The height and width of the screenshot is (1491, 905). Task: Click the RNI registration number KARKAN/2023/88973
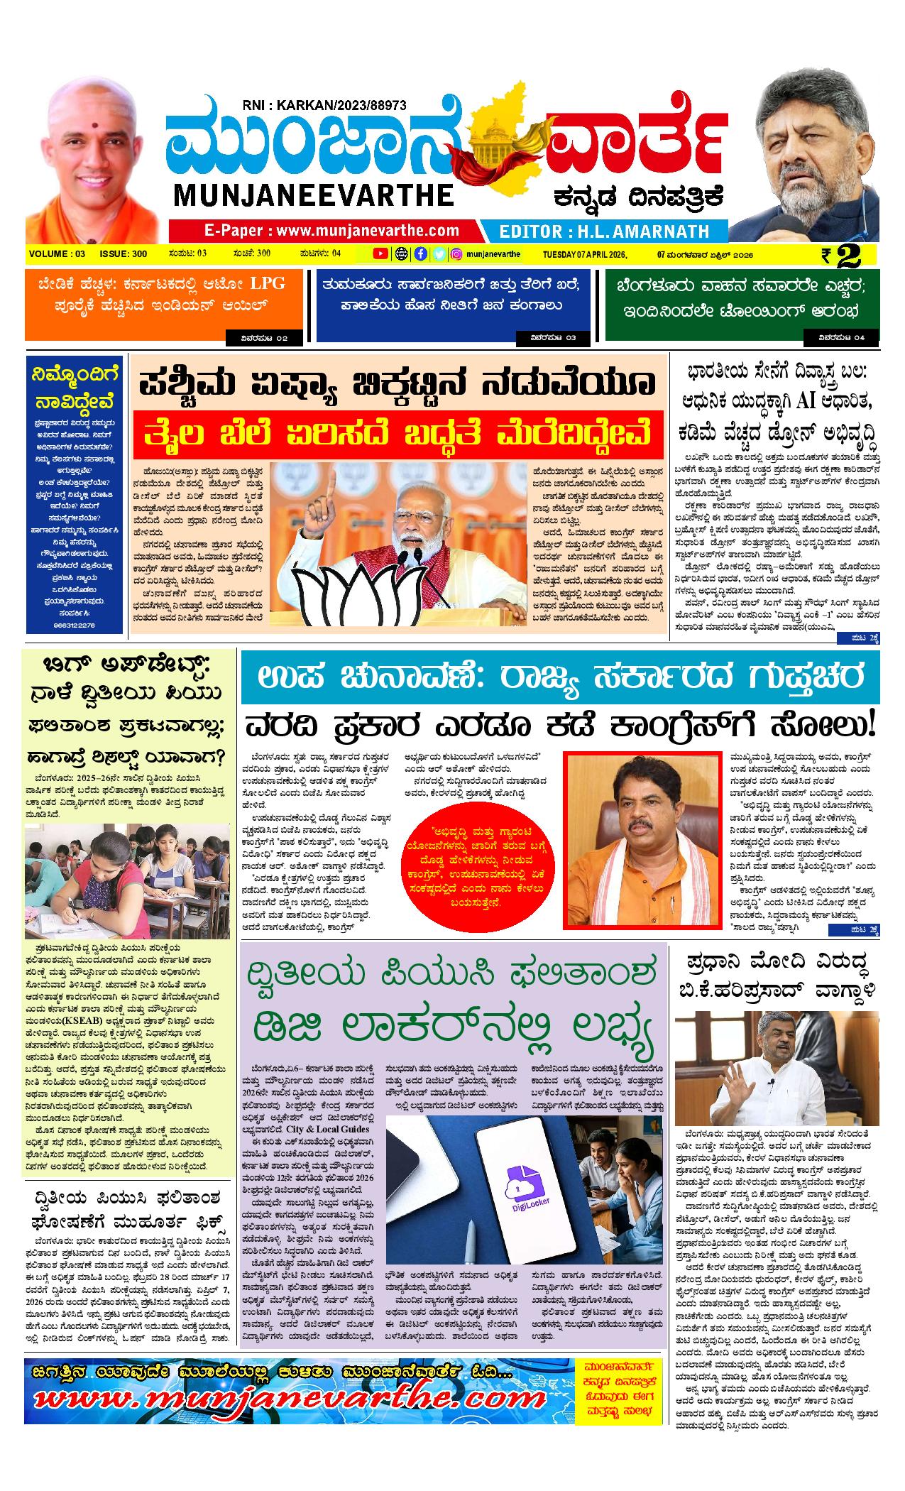[x=324, y=105]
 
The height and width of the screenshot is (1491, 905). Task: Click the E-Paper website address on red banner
[x=331, y=230]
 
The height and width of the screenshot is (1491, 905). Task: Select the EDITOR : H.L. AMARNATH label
[x=604, y=231]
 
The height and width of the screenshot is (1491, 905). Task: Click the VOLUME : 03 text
[x=57, y=253]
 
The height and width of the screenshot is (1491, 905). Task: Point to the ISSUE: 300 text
[x=123, y=253]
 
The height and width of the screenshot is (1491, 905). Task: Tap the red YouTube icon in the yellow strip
[x=380, y=253]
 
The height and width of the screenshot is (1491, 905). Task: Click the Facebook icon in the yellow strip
[x=420, y=253]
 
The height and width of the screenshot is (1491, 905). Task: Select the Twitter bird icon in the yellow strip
[x=439, y=253]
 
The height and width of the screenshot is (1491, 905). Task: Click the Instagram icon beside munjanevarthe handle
[x=458, y=253]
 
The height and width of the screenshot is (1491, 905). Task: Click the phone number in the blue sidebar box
[x=74, y=624]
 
